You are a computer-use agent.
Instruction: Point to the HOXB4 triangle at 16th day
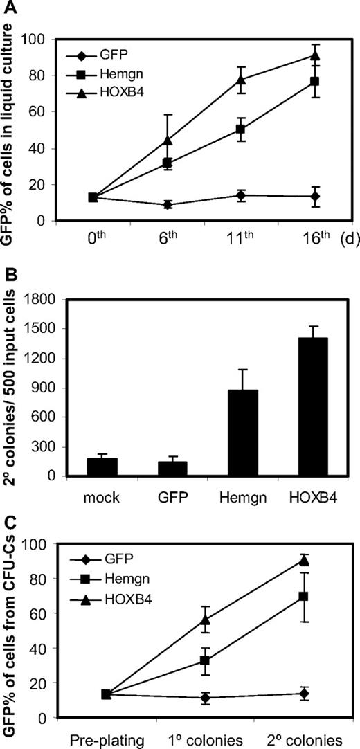click(x=315, y=55)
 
